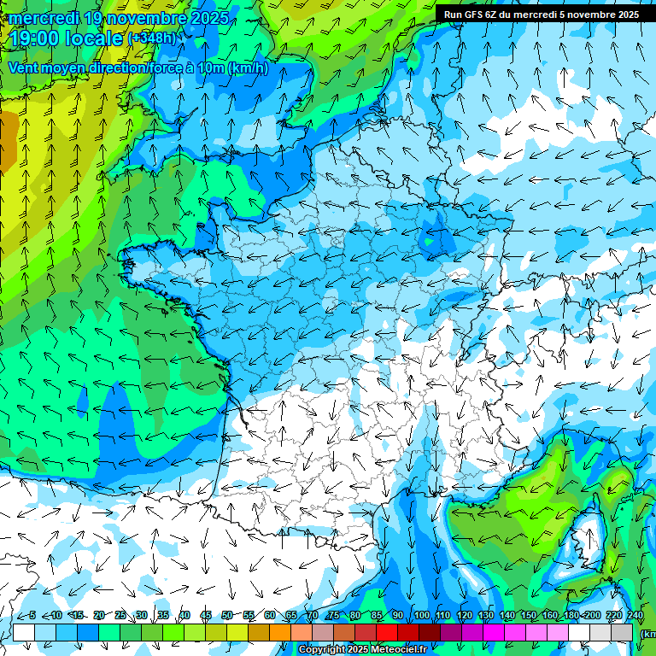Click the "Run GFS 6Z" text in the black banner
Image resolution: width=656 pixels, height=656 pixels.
472,15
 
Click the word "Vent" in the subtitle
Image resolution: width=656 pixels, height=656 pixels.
25,68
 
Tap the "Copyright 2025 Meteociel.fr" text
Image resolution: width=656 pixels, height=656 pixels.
362,650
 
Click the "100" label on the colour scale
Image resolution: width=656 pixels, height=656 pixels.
421,615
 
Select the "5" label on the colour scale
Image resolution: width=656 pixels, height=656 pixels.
32,615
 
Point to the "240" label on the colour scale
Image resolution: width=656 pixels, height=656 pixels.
635,615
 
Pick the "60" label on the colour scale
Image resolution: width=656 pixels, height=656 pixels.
269,615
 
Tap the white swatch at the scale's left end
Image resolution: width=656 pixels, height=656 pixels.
23,632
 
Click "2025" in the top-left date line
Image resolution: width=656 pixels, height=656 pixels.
209,17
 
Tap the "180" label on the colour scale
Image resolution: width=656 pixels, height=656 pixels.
571,615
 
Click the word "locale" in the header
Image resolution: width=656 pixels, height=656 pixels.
97,38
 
